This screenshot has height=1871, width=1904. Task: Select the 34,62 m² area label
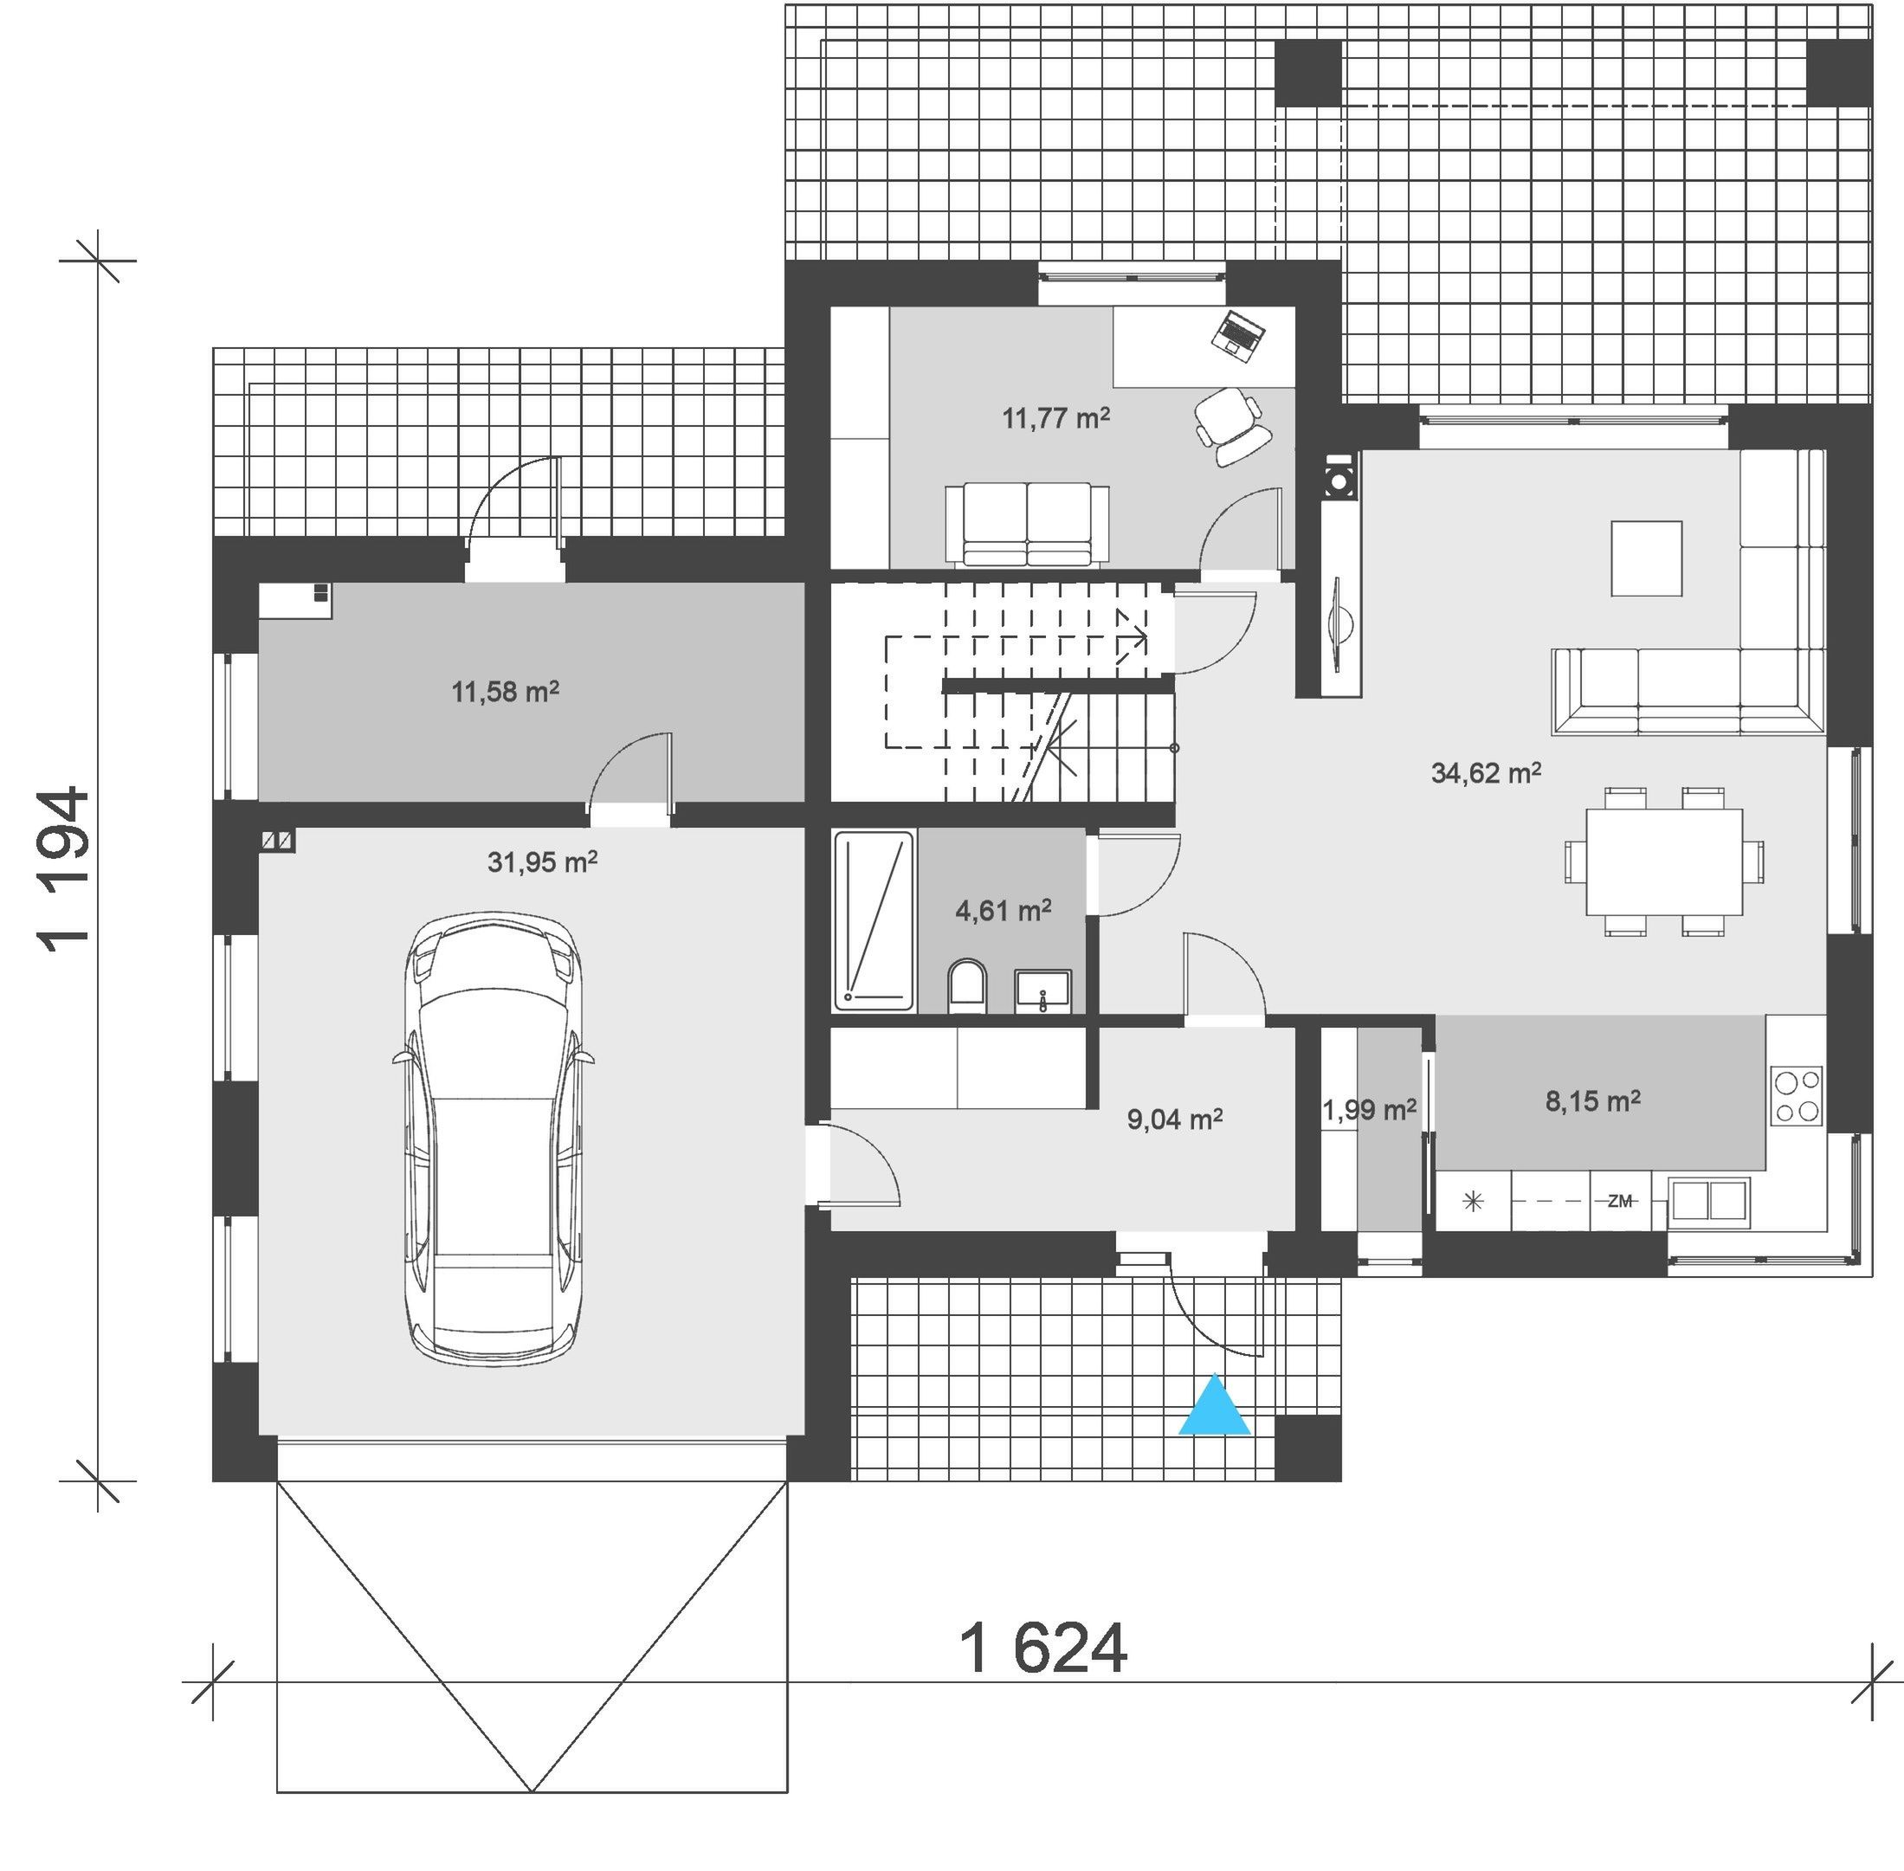pyautogui.click(x=1485, y=772)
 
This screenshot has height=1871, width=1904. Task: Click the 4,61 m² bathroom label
pyautogui.click(x=1003, y=910)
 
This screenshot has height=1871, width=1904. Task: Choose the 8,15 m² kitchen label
pyautogui.click(x=1592, y=1100)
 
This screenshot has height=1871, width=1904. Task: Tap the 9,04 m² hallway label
pyautogui.click(x=1175, y=1119)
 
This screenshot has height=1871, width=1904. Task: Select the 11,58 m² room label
pyautogui.click(x=506, y=691)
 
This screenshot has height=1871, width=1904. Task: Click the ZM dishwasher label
pyautogui.click(x=1620, y=1200)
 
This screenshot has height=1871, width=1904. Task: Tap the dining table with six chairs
pyautogui.click(x=1663, y=861)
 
